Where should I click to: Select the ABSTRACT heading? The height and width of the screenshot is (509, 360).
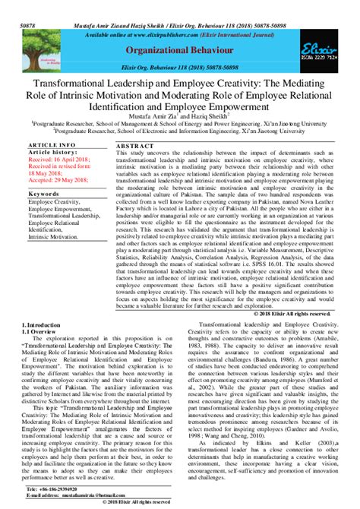136,145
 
